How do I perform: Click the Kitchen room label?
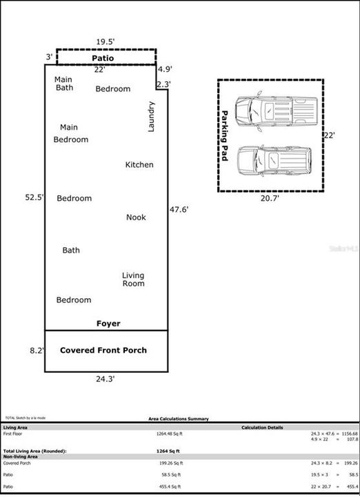139,165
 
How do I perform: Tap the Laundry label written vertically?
152,117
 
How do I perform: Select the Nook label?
136,217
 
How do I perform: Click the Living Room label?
133,280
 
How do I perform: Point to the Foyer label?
108,324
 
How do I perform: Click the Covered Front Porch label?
103,351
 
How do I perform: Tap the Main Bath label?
64,84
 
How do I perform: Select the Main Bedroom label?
70,133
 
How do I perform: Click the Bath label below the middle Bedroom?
71,251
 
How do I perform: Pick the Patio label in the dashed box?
103,59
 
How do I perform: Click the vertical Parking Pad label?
224,135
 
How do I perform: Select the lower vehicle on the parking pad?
275,160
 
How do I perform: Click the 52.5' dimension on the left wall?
34,197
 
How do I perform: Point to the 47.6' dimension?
179,209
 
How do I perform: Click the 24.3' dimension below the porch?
105,379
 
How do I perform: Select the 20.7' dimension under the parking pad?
270,198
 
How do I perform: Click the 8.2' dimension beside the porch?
37,351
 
